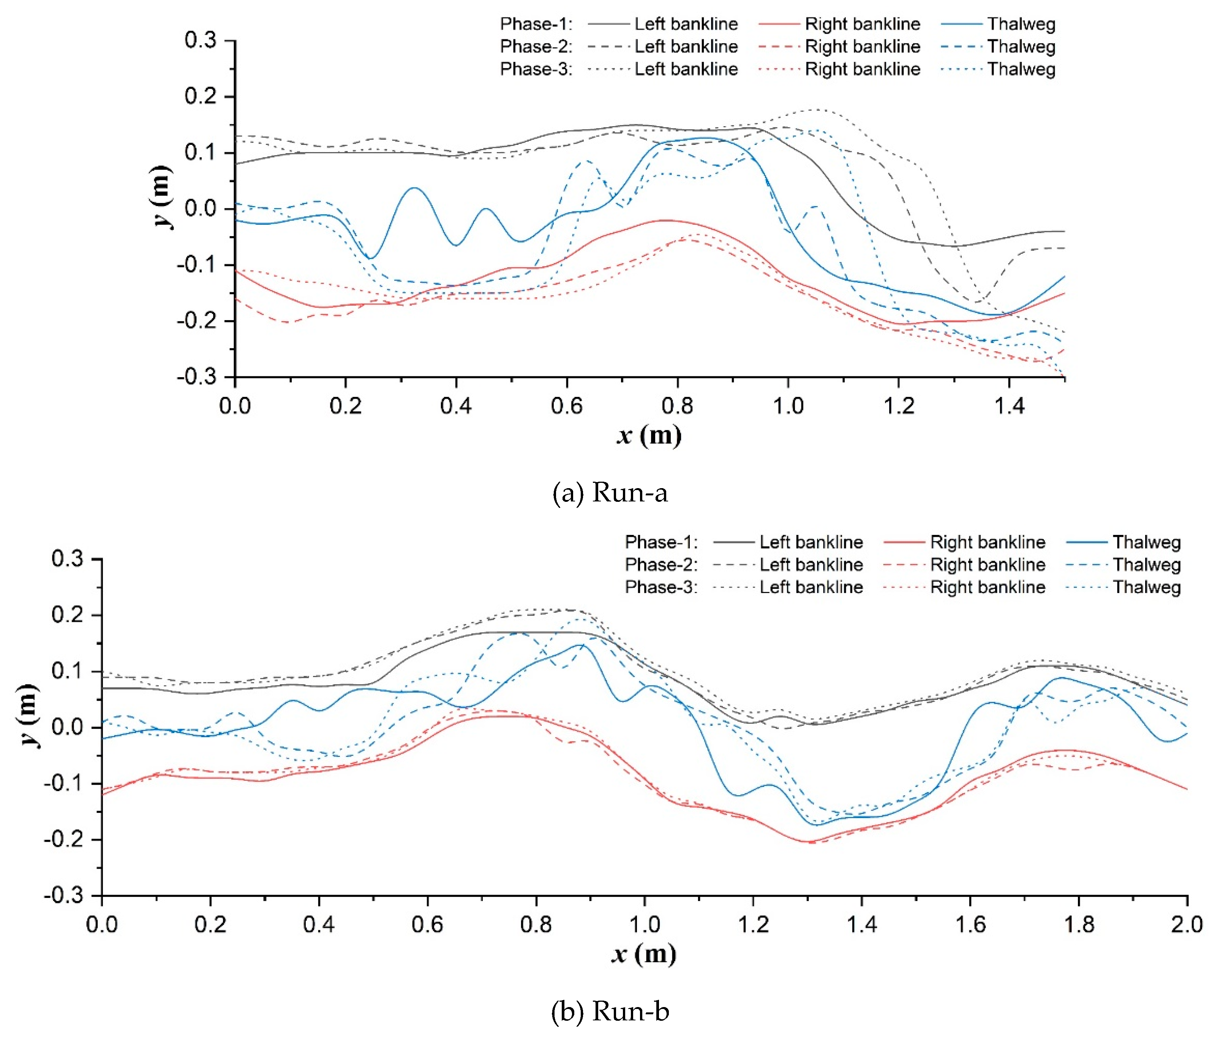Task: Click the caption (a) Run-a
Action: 610,492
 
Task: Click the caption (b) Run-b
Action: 610,1011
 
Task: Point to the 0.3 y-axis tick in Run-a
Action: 200,40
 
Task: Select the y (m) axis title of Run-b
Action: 28,715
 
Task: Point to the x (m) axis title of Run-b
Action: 643,954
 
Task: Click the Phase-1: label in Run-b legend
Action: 661,542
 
